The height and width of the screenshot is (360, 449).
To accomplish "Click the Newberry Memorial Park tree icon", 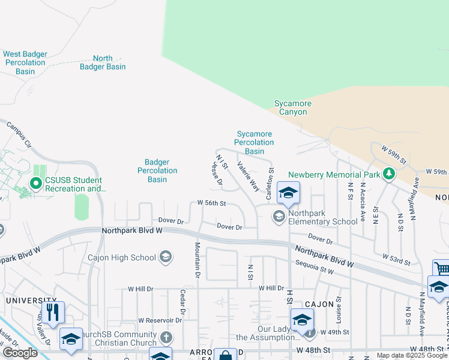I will click(389, 175).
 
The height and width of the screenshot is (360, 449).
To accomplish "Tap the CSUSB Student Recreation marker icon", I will click(35, 184).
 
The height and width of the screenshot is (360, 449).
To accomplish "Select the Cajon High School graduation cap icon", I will click(165, 258).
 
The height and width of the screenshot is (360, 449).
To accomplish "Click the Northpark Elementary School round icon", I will click(279, 217).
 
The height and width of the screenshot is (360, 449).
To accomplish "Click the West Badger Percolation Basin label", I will click(25, 62).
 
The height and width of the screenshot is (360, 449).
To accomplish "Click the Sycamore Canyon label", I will click(293, 107).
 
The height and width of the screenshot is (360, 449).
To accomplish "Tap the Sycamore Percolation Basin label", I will click(255, 142).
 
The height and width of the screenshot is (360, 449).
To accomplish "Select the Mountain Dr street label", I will click(196, 260).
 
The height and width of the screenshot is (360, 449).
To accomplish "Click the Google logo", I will click(19, 353).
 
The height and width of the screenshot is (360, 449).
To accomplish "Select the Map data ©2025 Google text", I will click(412, 355).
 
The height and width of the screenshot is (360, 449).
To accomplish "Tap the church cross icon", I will click(166, 337).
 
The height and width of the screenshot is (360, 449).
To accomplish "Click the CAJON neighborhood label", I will click(318, 304).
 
